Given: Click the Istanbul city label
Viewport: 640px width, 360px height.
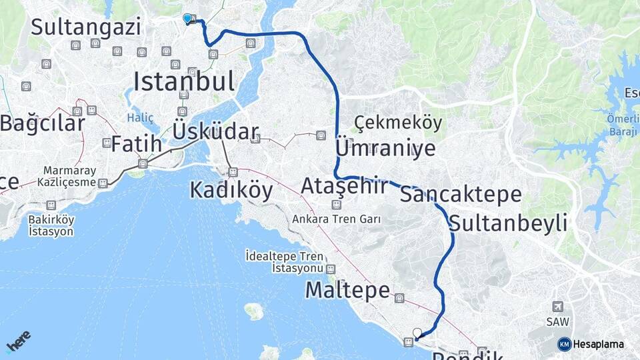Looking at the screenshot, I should [x=184, y=81].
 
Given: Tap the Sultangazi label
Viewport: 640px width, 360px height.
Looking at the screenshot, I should [x=86, y=27].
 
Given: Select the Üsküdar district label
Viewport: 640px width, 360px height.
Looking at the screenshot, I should [x=215, y=131].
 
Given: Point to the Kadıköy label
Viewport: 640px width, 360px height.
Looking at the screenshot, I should [x=231, y=191].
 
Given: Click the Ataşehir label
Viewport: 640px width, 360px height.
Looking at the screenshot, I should [x=344, y=186].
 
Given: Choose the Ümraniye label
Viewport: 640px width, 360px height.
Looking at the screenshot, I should [x=385, y=148].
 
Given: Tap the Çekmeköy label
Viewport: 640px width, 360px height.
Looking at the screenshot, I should [x=398, y=123].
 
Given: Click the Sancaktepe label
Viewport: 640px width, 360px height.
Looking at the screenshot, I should [x=461, y=195].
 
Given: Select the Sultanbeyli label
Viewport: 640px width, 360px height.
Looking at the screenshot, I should [x=509, y=223].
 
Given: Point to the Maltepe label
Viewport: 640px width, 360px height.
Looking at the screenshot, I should [x=347, y=290].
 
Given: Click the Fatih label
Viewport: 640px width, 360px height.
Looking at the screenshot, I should [x=136, y=143].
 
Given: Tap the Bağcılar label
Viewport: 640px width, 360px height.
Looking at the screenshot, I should [x=43, y=123].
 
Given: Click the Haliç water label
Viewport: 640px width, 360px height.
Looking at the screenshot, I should [x=140, y=118].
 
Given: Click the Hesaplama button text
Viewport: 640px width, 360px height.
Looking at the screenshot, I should [x=598, y=345].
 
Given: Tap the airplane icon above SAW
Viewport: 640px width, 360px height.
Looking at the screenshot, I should [x=557, y=306].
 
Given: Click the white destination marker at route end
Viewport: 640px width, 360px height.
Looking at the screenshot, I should [x=418, y=333].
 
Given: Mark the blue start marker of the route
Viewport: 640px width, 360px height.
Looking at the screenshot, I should [x=187, y=19].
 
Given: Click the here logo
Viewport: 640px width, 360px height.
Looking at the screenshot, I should [x=19, y=342].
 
